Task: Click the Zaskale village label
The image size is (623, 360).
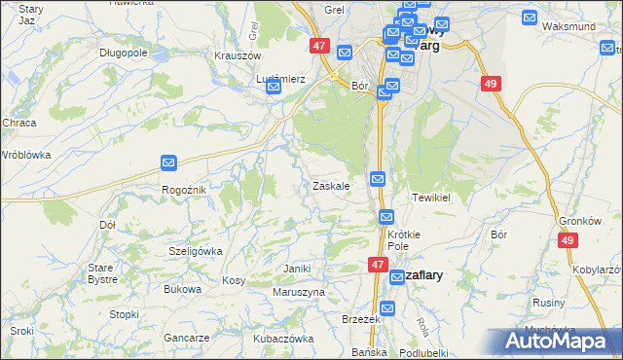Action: (x=330, y=185)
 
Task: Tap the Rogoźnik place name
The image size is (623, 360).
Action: (x=183, y=190)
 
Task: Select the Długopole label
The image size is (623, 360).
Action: (x=123, y=53)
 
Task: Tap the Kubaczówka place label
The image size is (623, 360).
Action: (x=283, y=339)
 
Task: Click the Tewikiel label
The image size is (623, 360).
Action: (x=430, y=197)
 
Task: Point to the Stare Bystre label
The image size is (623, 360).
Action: (x=102, y=272)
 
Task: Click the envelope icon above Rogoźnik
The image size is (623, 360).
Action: (x=168, y=163)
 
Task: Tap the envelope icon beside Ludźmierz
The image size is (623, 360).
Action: (x=274, y=88)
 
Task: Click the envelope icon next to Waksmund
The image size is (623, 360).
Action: (x=530, y=17)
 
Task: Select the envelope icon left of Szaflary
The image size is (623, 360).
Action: (x=397, y=277)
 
